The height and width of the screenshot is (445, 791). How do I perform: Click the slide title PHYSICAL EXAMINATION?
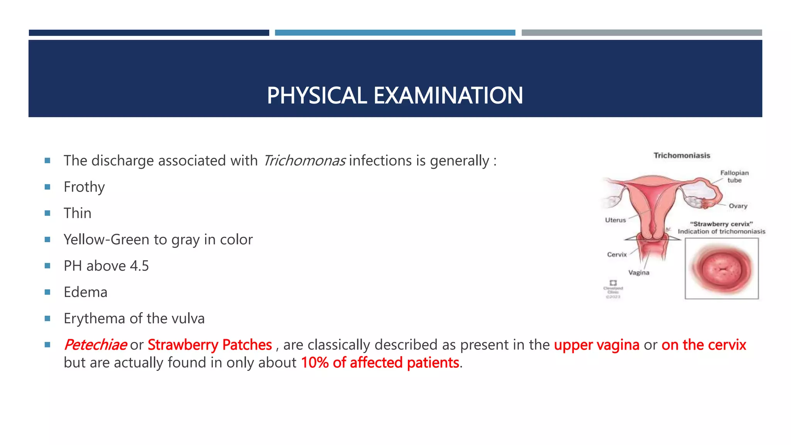pos(395,95)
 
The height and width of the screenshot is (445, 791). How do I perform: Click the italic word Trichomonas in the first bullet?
pos(304,161)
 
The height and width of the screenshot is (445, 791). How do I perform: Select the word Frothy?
pos(84,187)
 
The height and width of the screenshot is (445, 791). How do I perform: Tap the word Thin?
pos(78,213)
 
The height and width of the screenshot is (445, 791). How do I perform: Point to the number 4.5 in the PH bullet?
pos(139,266)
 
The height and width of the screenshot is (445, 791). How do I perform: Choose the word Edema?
pos(85,292)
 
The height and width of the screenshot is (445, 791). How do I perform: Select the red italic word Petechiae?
pos(95,345)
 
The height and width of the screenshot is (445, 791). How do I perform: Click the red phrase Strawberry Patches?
pos(210,345)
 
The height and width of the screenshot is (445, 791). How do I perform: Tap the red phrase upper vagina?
pos(596,345)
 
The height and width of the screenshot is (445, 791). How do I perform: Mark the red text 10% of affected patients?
pos(380,363)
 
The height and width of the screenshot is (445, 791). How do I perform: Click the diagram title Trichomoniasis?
pos(682,155)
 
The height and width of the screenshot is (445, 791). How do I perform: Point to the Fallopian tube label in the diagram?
pos(734,177)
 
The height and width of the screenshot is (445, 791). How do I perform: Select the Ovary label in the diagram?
pos(738,206)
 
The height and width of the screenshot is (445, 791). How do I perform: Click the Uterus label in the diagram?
pos(615,220)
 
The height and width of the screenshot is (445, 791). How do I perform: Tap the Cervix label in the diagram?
pos(617,255)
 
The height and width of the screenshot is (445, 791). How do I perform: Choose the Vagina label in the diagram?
pos(639,273)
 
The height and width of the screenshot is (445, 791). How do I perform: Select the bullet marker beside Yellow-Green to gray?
pos(48,239)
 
